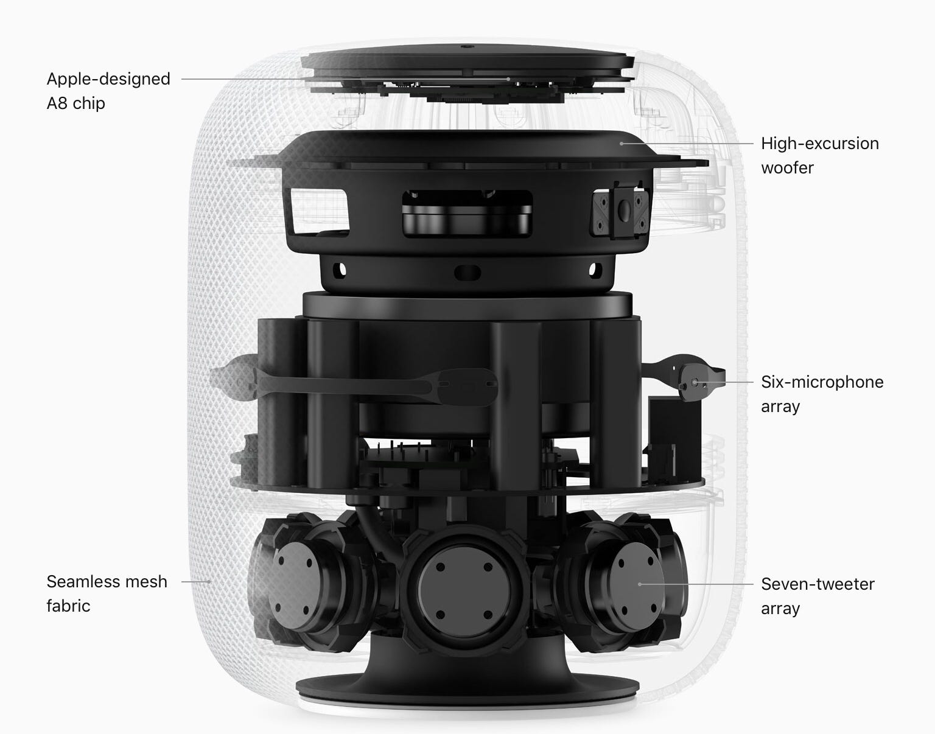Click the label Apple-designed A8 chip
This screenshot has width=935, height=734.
pos(108,91)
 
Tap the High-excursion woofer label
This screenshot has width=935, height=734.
pos(819,155)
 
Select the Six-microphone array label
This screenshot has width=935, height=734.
pos(822,394)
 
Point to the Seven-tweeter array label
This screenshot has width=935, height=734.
pos(817,596)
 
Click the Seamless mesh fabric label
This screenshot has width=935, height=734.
pos(107,593)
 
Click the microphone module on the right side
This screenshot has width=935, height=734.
pos(695,383)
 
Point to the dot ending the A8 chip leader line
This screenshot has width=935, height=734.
pos(508,79)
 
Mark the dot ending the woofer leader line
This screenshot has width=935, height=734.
pos(622,144)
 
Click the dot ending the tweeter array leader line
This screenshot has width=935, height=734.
pos(639,584)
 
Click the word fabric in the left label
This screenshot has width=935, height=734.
pos(68,606)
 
